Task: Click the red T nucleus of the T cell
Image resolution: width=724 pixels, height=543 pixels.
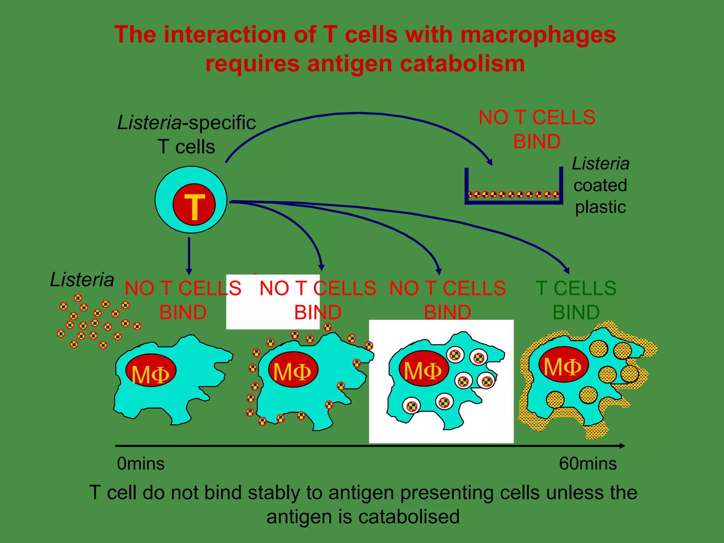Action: (x=194, y=204)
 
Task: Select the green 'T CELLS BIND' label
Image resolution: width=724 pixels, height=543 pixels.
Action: (x=576, y=300)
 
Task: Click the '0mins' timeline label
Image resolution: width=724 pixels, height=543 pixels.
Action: (x=141, y=463)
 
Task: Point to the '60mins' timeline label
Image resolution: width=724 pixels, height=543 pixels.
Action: (x=588, y=463)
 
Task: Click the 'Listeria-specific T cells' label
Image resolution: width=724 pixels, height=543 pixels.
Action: (x=186, y=134)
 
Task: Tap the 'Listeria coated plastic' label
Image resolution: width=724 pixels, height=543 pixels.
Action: (x=600, y=185)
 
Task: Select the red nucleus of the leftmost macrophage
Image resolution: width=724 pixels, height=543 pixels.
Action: (x=151, y=370)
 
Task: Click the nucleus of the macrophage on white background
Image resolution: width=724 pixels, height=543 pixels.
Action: (x=424, y=368)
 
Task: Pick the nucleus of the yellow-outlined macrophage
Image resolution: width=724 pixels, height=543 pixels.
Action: (x=563, y=364)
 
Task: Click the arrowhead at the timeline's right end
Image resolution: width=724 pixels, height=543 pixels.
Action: (x=623, y=446)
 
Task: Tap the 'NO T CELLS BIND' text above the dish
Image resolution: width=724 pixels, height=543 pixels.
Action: (x=537, y=129)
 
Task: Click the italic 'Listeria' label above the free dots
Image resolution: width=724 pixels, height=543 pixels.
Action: (x=82, y=280)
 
